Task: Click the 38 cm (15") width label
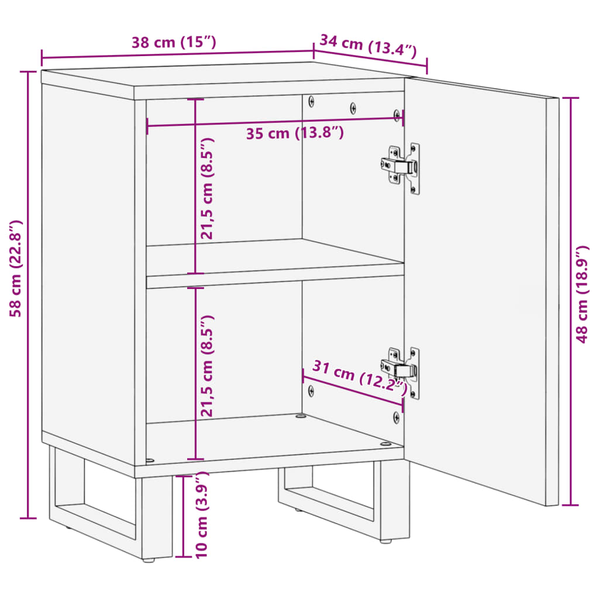tap(174, 43)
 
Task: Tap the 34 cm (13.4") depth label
tap(368, 46)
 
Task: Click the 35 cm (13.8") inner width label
tap(294, 133)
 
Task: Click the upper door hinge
tap(402, 167)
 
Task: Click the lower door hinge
tap(402, 370)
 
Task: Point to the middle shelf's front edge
tap(275, 281)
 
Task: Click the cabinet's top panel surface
tap(222, 77)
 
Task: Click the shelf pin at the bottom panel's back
tap(301, 416)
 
